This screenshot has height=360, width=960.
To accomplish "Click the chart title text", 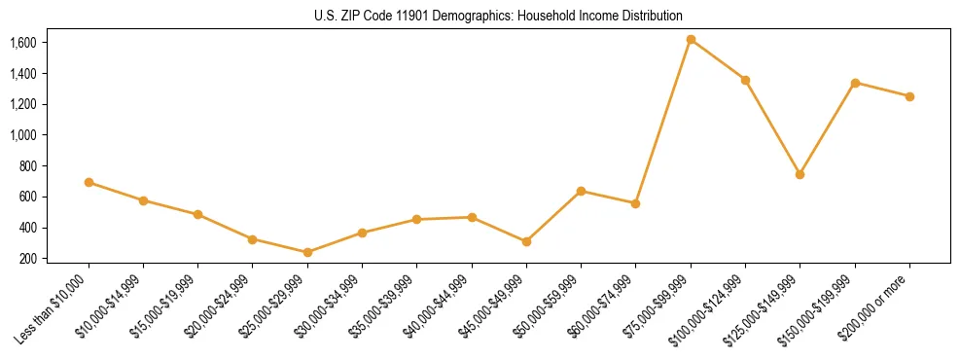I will pyautogui.click(x=499, y=17).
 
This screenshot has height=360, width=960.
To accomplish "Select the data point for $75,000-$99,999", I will pyautogui.click(x=691, y=40).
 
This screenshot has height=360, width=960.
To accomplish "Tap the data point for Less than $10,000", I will pyautogui.click(x=89, y=182).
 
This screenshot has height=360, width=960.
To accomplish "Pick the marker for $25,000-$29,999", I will pyautogui.click(x=307, y=252).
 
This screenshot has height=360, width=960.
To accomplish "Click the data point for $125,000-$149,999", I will pyautogui.click(x=800, y=174).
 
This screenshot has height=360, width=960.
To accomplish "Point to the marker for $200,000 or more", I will pyautogui.click(x=909, y=96).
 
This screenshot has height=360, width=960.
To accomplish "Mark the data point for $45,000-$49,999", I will pyautogui.click(x=526, y=241).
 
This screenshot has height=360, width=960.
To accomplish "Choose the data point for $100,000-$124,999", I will pyautogui.click(x=745, y=80).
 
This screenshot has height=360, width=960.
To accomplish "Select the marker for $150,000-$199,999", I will pyautogui.click(x=855, y=83).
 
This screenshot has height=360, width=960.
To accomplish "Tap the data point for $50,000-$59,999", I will pyautogui.click(x=581, y=191).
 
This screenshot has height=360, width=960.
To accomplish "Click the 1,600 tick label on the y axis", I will pyautogui.click(x=23, y=43).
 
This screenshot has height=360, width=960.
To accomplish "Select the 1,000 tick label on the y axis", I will pyautogui.click(x=23, y=135).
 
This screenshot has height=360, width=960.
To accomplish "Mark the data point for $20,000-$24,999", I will pyautogui.click(x=252, y=239).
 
